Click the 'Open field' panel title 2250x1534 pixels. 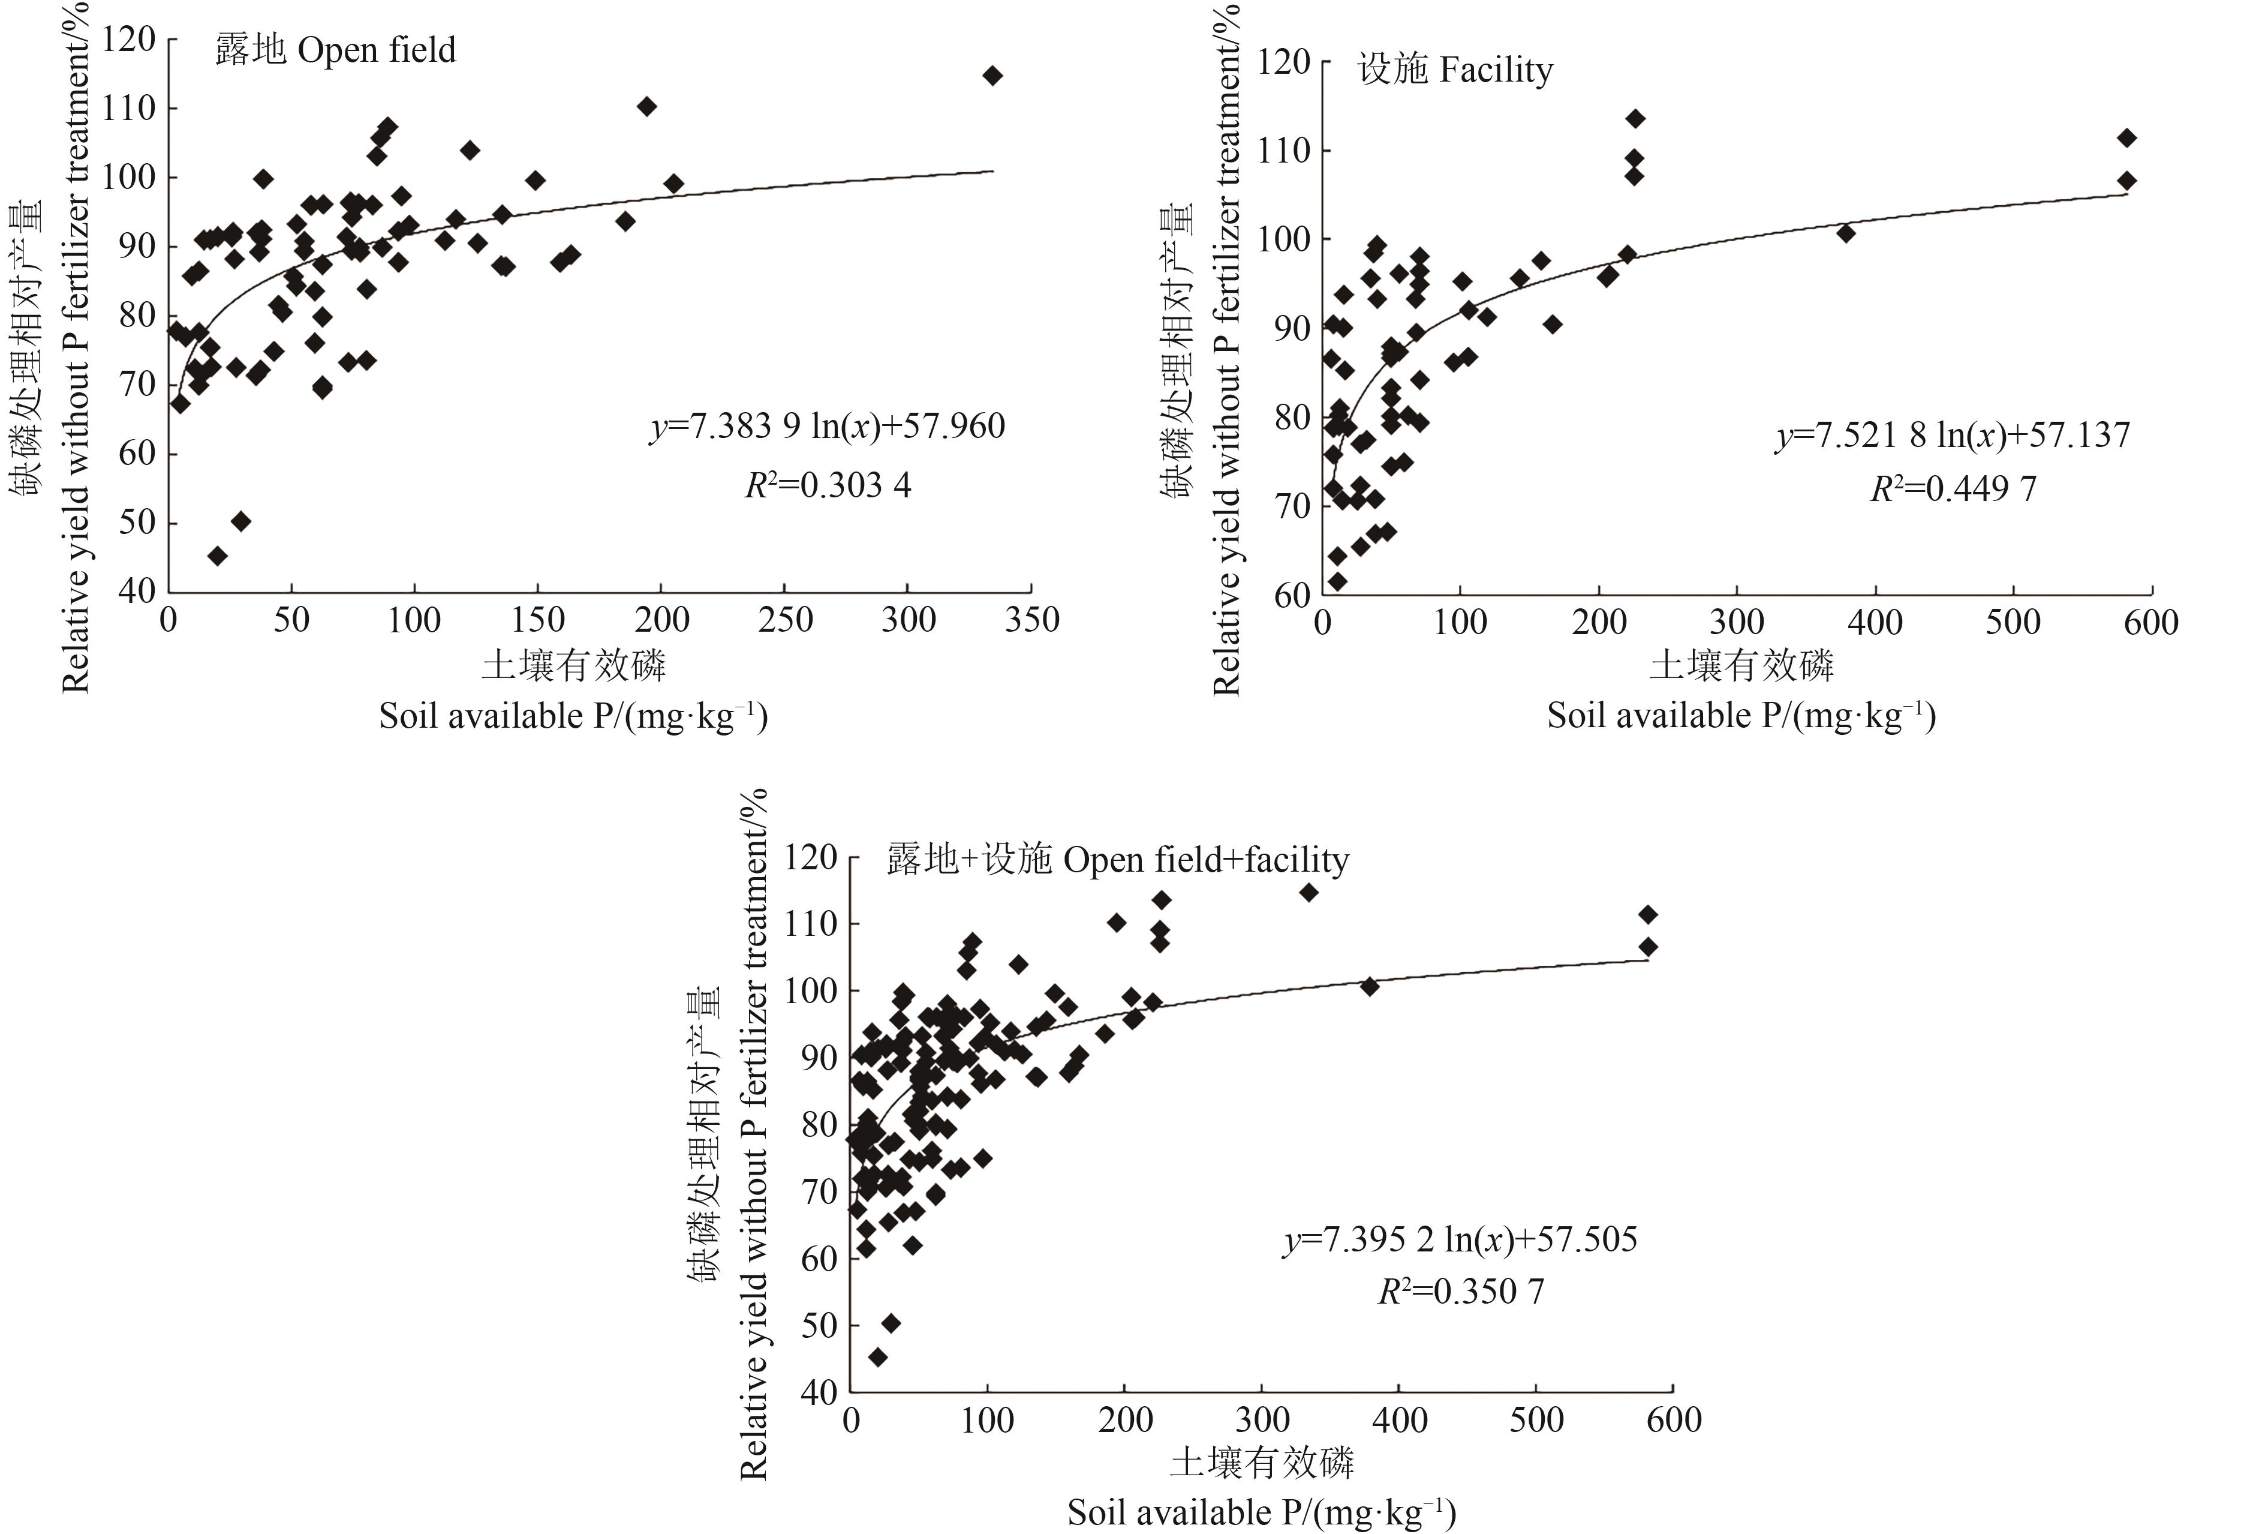point(335,49)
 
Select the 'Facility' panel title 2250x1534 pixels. point(1455,70)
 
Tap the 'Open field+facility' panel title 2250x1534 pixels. point(1118,860)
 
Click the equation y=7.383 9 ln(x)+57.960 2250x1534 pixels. point(828,426)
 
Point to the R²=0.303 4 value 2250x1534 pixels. point(828,485)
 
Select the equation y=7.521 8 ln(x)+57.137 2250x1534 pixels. point(1953,436)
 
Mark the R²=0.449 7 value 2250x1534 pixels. point(1953,489)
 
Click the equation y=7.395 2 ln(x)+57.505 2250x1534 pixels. point(1461,1239)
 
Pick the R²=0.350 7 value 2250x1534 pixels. point(1461,1292)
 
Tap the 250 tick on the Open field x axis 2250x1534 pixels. point(785,620)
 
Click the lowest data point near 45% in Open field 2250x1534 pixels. point(218,556)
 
